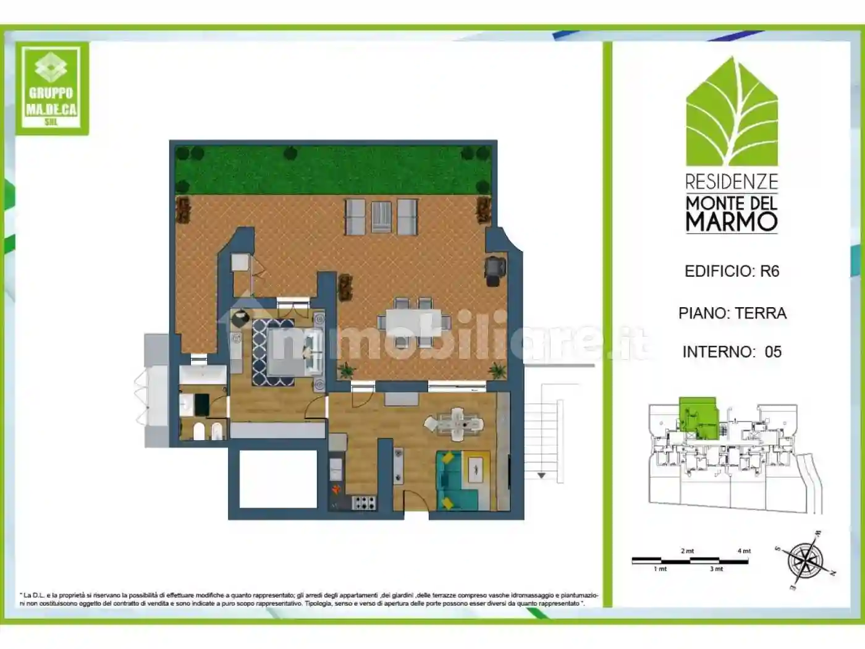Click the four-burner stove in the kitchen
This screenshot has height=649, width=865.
pyautogui.click(x=363, y=503)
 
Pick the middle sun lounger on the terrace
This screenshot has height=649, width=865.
pyautogui.click(x=381, y=216)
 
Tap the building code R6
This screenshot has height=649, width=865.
pyautogui.click(x=769, y=271)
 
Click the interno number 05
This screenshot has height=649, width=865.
pyautogui.click(x=773, y=352)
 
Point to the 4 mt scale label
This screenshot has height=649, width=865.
pyautogui.click(x=744, y=551)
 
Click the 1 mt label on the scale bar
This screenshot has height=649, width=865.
pyautogui.click(x=660, y=569)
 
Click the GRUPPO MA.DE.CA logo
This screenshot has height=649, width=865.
pyautogui.click(x=51, y=88)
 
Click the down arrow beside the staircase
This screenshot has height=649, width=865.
pyautogui.click(x=541, y=475)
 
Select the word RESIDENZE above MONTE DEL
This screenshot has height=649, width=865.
pyautogui.click(x=732, y=182)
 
